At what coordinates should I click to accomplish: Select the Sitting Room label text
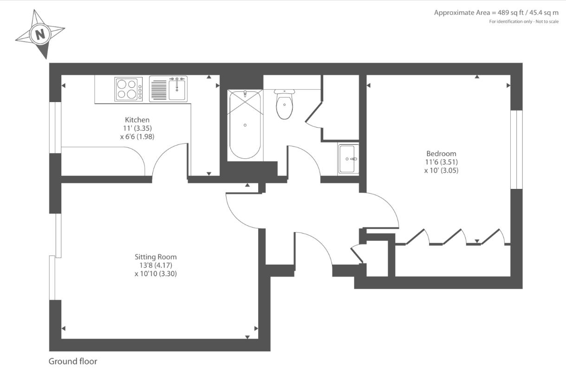click(x=156, y=257)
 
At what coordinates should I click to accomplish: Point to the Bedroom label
click(x=441, y=154)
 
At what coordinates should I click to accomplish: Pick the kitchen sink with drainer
click(x=168, y=89)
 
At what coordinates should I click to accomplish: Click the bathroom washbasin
click(x=348, y=159)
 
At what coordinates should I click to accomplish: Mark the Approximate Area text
click(x=496, y=13)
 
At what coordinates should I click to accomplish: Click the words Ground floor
click(x=73, y=361)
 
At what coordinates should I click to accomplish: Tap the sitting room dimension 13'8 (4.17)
click(x=156, y=265)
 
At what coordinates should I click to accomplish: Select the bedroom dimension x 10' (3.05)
click(x=441, y=170)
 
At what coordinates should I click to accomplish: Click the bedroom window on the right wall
click(x=516, y=149)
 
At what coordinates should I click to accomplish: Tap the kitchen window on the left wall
click(x=55, y=127)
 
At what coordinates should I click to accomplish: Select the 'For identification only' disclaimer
click(x=524, y=22)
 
